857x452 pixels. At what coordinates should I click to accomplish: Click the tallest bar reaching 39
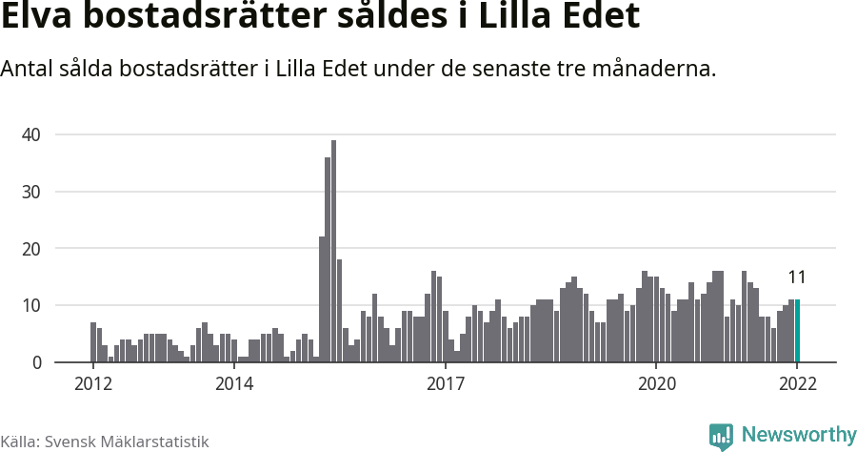coord(333,253)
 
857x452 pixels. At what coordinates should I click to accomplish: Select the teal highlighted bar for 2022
coord(797,331)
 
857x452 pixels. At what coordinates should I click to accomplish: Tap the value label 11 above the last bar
coord(797,277)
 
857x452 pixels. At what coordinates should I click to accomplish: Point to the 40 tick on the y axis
coord(30,134)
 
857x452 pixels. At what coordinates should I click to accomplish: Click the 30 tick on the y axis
coord(30,192)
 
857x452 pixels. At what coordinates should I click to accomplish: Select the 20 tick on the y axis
coord(30,249)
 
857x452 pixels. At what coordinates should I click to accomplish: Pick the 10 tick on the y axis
coord(30,306)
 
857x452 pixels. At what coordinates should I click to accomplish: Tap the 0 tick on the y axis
coord(35,363)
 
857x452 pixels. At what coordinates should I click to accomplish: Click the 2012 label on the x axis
coord(92,384)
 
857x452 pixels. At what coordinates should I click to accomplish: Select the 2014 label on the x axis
coord(233,384)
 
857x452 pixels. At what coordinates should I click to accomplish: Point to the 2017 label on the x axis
coord(445,384)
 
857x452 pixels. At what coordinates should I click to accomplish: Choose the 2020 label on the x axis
coord(656,384)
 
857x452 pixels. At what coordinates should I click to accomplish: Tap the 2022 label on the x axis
coord(797,384)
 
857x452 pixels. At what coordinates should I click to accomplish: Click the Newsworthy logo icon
coord(721,436)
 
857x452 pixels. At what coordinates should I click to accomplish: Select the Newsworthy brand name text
coord(798,435)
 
